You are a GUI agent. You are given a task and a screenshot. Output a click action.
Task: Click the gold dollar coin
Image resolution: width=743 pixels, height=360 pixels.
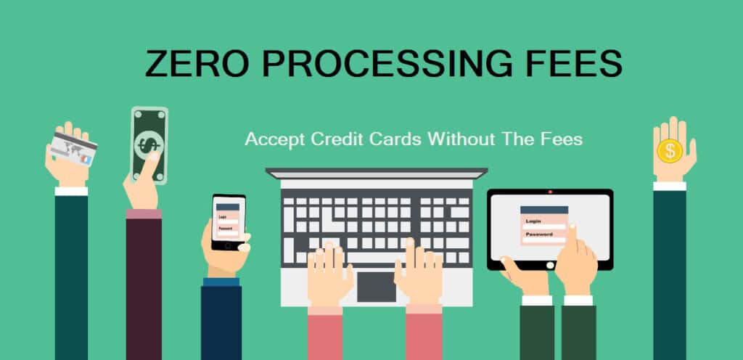coord(670,151)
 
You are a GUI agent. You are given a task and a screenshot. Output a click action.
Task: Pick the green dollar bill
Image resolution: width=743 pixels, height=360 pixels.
coord(149,144)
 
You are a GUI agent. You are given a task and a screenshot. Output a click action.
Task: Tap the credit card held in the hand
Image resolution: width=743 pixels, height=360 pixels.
coord(73,149)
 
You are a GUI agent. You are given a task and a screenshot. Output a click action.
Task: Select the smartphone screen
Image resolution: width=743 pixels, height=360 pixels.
coord(229,221)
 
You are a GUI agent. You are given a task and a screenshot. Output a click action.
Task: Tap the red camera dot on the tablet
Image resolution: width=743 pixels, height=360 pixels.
coord(549,192)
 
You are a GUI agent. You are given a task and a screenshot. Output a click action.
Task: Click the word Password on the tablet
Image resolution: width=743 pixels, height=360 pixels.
coord(539,234)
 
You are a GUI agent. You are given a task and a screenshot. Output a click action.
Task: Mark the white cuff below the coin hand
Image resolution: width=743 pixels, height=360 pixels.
coord(669,186)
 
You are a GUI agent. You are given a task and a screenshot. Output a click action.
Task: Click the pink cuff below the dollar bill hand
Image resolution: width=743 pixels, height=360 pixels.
coord(144,213)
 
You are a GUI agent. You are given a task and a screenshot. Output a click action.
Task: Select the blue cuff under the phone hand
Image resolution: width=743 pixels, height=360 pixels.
coord(221,282)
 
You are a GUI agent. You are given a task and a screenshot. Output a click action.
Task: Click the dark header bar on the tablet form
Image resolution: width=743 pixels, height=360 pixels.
coord(543,209)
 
